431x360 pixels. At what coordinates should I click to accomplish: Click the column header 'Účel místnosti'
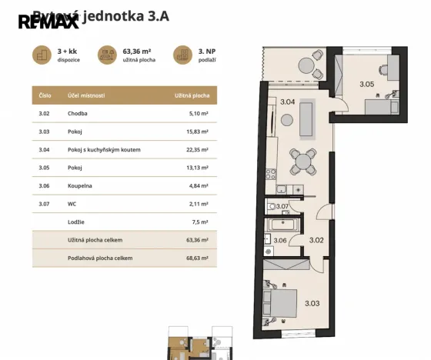tap(85, 96)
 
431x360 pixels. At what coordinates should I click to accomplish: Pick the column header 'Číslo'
tap(45, 96)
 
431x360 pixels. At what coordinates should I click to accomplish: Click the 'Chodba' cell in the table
tap(78, 114)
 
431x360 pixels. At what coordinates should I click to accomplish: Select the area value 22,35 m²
tap(198, 149)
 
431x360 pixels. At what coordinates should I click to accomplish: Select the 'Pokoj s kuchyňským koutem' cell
tap(103, 149)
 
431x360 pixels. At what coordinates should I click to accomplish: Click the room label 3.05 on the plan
tap(367, 85)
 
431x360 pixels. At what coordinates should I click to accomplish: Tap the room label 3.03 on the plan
tap(312, 303)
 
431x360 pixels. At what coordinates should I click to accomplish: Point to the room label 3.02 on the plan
tap(316, 240)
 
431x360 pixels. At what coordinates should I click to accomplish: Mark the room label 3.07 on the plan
tap(282, 206)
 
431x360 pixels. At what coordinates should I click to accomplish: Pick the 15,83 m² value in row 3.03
tap(198, 132)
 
